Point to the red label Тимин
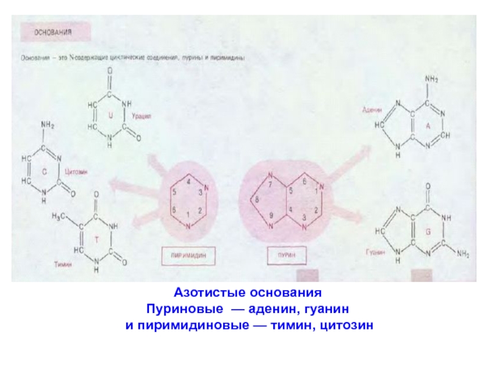point(62,265)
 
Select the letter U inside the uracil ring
point(110,115)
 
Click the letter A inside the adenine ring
point(428,125)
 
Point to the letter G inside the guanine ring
point(428,232)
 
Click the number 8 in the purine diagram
point(257,199)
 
